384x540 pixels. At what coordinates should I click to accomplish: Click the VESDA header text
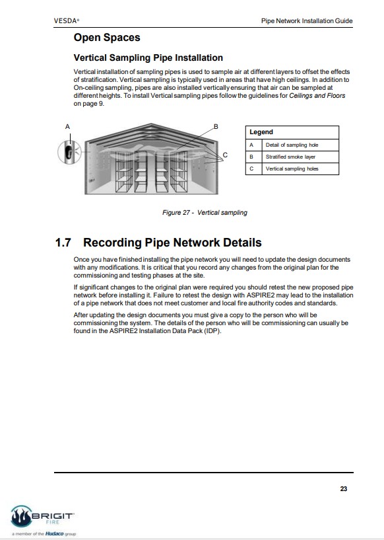(x=66, y=20)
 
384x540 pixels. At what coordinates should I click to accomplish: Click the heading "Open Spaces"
(x=107, y=37)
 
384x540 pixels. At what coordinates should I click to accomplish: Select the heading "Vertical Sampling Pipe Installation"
(x=148, y=58)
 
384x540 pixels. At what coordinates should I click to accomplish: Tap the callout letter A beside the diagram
(x=67, y=127)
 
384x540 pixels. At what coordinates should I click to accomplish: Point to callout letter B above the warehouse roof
(x=216, y=126)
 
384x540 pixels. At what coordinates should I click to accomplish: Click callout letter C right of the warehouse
(x=225, y=155)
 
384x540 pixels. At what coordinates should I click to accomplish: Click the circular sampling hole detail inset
(x=70, y=152)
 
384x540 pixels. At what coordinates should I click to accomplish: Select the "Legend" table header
(x=261, y=132)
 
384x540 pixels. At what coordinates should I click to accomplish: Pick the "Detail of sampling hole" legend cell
(x=292, y=145)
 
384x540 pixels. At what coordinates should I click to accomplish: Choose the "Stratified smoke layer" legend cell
(x=290, y=157)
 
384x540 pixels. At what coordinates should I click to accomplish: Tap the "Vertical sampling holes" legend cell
(x=292, y=169)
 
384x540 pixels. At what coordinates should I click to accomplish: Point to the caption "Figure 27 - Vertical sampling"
(x=205, y=212)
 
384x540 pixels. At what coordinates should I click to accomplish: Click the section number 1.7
(x=63, y=243)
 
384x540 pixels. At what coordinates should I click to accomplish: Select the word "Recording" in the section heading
(x=112, y=243)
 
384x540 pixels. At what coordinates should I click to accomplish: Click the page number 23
(x=344, y=488)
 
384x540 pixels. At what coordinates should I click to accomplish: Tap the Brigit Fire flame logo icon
(x=21, y=516)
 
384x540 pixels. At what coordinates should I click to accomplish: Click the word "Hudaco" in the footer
(x=54, y=533)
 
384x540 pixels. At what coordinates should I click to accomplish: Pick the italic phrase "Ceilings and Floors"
(x=317, y=95)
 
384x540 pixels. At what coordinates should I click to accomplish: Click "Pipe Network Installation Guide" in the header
(x=307, y=20)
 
